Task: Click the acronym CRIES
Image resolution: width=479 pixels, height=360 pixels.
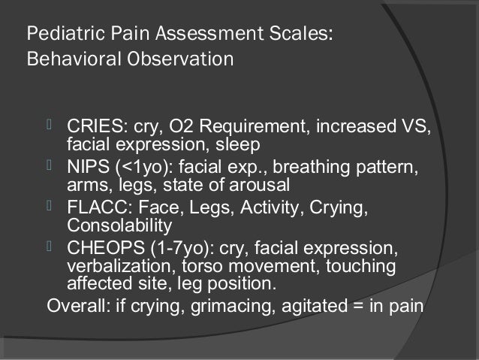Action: pos(92,124)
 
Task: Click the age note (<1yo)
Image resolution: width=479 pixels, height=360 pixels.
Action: pos(138,166)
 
